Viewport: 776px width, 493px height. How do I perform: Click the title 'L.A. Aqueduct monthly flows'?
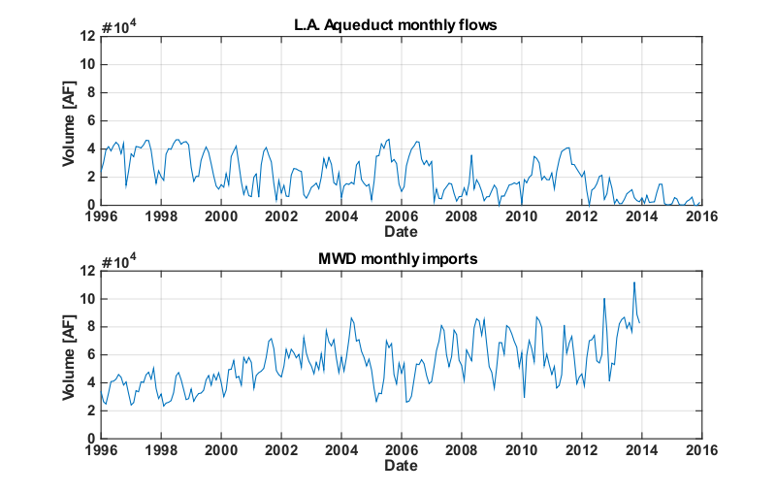click(401, 24)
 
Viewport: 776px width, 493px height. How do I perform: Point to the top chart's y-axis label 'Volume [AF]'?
click(70, 120)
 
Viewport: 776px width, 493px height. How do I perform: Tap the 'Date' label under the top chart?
click(401, 232)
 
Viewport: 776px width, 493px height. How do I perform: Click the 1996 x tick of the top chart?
click(101, 216)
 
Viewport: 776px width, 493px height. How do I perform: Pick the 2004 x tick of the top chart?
click(341, 216)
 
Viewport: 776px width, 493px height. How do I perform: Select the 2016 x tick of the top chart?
click(701, 216)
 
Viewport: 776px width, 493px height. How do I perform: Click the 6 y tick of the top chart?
click(89, 120)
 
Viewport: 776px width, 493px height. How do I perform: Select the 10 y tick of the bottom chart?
click(86, 297)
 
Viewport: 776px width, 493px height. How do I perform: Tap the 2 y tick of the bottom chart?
click(89, 410)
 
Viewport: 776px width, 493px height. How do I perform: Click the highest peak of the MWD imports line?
click(633, 282)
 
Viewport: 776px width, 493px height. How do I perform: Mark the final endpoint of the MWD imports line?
click(639, 322)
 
